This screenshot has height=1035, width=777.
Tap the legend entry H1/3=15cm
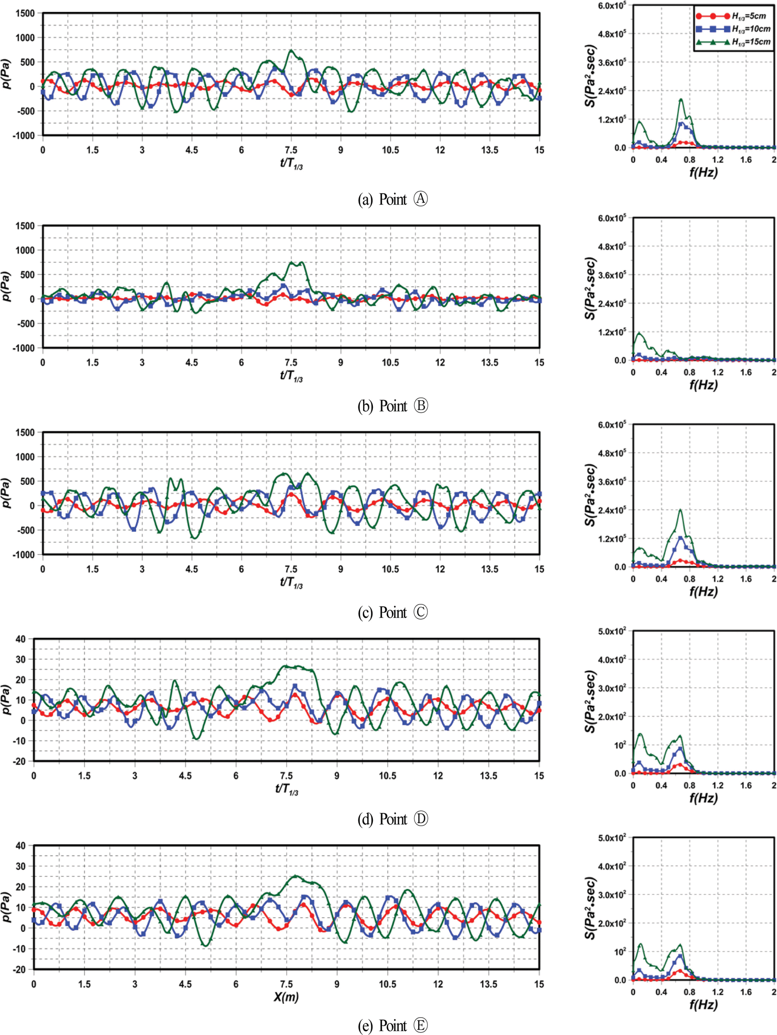click(x=732, y=42)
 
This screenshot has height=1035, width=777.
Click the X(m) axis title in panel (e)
click(x=286, y=997)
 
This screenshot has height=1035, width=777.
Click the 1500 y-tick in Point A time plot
click(x=25, y=14)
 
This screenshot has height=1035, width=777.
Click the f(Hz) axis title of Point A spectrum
click(x=703, y=172)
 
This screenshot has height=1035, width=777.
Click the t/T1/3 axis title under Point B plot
click(x=291, y=376)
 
